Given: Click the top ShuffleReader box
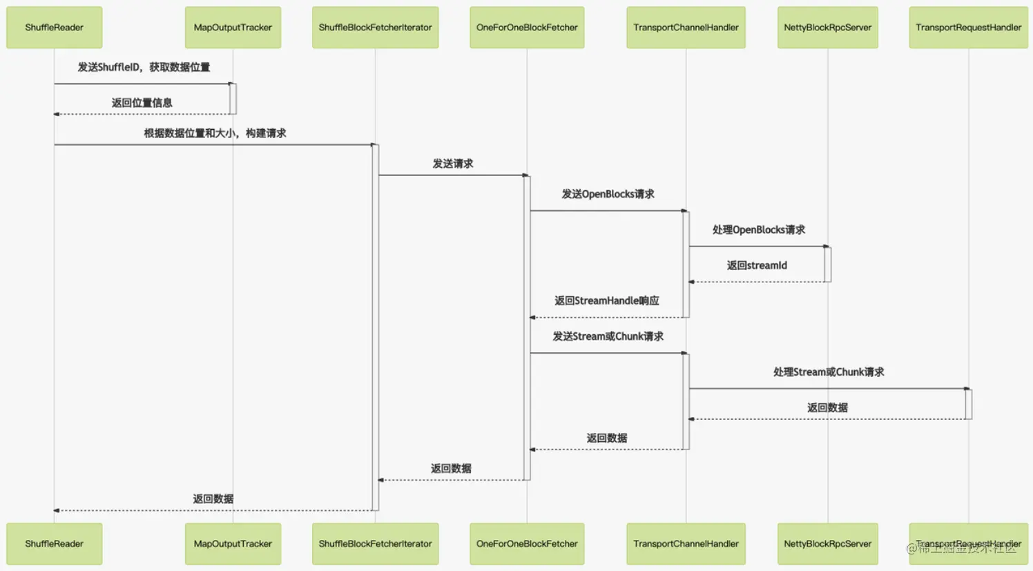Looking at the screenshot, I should tap(54, 28).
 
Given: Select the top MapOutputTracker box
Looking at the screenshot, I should tap(233, 28).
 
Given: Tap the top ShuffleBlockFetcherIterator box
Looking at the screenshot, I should tap(375, 28).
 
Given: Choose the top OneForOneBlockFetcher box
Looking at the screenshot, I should tap(527, 28).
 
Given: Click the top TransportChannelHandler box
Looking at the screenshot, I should tap(686, 28).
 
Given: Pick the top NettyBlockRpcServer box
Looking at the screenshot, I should tap(827, 28).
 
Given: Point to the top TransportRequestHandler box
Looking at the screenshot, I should tap(968, 28).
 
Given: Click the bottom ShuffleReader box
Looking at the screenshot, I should tap(54, 543).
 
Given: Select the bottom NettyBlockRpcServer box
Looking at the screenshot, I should tap(827, 543).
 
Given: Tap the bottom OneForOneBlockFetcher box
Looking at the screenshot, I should tap(527, 543).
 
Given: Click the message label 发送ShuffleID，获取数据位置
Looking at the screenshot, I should tap(144, 67).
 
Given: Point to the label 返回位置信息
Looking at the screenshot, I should tap(142, 103).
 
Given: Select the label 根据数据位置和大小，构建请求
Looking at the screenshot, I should tap(215, 133).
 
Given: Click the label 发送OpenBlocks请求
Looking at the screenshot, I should tap(608, 194).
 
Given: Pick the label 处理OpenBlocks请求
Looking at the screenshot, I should tap(758, 230).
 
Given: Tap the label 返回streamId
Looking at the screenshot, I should tap(757, 265).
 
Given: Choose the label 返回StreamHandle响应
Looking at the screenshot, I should tap(606, 301).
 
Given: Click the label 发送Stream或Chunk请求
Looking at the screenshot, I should tap(608, 336).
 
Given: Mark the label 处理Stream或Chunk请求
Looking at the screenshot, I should tap(829, 372).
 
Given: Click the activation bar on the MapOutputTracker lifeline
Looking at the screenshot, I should tap(233, 99).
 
